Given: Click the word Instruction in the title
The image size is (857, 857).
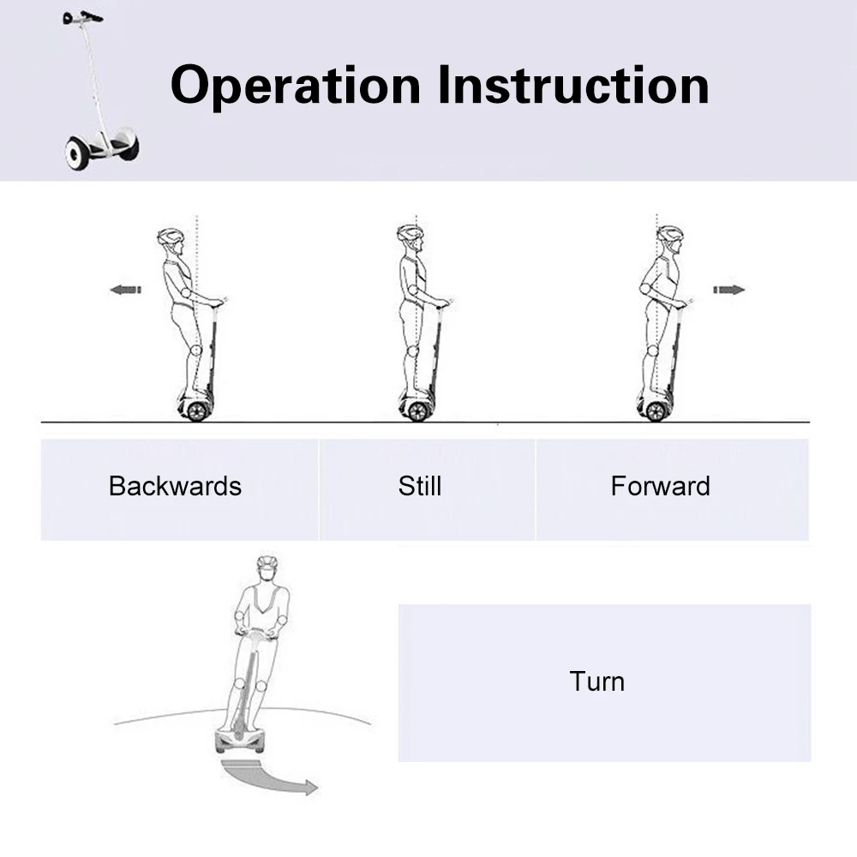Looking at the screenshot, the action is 573,85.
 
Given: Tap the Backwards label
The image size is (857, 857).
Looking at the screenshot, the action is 175,486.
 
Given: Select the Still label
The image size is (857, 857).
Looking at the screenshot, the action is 420,486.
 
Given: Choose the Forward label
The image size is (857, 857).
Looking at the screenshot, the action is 660,486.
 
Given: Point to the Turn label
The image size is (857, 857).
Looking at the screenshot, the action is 596,681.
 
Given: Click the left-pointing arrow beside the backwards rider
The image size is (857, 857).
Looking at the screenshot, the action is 126,290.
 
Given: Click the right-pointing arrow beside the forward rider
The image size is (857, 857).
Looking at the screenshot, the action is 729,290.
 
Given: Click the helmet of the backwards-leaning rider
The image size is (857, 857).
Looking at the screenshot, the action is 171,237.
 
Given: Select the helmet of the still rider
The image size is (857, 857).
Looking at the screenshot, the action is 410,233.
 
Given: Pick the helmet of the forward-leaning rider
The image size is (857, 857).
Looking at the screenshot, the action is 670,234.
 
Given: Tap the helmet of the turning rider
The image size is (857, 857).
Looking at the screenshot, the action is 267,563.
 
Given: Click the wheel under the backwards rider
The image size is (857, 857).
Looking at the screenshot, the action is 197,411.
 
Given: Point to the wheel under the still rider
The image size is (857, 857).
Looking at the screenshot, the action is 418,411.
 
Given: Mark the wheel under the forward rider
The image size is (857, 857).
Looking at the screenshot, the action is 656,411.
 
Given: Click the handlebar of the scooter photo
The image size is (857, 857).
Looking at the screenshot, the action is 82,17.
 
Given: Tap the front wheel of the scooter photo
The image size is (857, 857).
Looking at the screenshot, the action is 75,153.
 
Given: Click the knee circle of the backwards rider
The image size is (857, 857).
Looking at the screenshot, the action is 196,350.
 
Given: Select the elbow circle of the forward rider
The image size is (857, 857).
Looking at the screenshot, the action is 646,289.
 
